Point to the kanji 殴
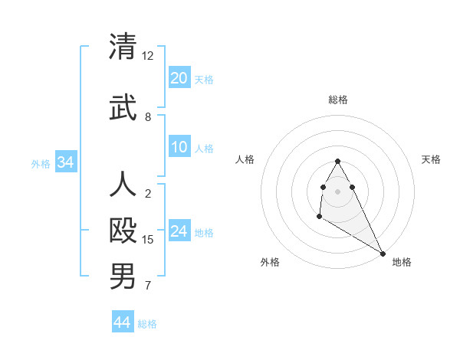click(x=123, y=230)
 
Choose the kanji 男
click(x=123, y=277)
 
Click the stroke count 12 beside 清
click(x=148, y=56)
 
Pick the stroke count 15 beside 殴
click(x=148, y=240)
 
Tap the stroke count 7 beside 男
click(x=148, y=286)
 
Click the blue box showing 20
click(x=179, y=78)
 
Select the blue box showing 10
click(x=179, y=148)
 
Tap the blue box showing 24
click(x=179, y=231)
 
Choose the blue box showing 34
click(x=65, y=162)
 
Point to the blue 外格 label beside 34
click(x=41, y=163)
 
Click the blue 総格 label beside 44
click(x=147, y=324)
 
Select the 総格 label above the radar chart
click(x=337, y=100)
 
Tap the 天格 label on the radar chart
click(x=431, y=159)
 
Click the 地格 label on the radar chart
click(x=402, y=262)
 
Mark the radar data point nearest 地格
click(x=383, y=254)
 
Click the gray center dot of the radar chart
click(x=337, y=191)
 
